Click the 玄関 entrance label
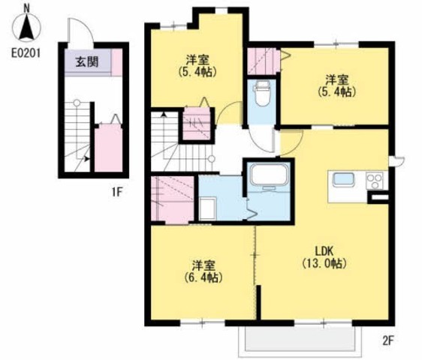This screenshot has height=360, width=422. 87,62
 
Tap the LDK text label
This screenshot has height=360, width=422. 324,251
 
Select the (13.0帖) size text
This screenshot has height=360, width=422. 324,263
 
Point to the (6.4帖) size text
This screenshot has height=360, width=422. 203,277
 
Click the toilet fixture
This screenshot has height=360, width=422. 262,93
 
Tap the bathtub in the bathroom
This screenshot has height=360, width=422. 270,175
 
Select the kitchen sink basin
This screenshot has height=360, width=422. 343,179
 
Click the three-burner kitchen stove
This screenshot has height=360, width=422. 375,181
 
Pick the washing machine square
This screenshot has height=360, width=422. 208,208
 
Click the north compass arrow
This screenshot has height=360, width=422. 26,27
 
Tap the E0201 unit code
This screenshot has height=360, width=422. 26,53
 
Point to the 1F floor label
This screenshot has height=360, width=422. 117,192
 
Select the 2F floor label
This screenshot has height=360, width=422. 387,340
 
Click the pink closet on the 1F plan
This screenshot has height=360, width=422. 108,148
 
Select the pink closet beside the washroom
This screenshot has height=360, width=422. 173,199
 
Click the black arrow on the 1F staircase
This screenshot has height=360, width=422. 86,159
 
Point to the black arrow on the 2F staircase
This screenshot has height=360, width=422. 164,115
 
